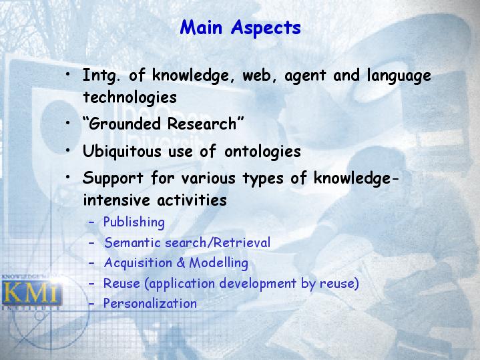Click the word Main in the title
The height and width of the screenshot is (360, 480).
[201, 27]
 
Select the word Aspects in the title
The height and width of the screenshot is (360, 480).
[266, 28]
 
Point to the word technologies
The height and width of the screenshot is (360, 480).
[130, 98]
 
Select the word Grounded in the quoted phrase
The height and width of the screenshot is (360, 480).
[126, 124]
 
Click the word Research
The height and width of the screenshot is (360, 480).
[202, 124]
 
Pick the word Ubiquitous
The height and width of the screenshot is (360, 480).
[122, 152]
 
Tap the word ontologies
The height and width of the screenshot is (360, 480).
[262, 152]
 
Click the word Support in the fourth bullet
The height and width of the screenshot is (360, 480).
[113, 178]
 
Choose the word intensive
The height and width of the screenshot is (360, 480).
[117, 200]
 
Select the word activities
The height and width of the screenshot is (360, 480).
[192, 200]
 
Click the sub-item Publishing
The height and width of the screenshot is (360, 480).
[134, 222]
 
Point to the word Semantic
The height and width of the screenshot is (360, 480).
[133, 242]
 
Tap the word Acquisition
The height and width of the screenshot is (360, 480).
[138, 263]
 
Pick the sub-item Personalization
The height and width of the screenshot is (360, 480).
[150, 304]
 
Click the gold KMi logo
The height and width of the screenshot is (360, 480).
[31, 293]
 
